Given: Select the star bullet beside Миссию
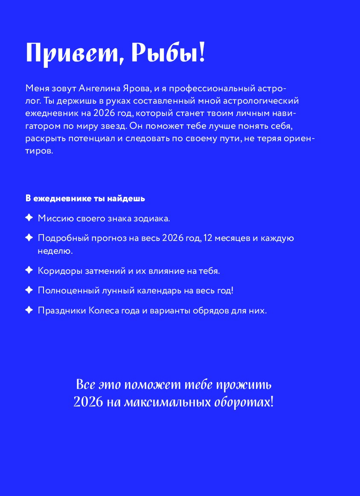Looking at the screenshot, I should tap(29, 218).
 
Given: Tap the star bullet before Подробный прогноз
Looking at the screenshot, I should tap(29, 238).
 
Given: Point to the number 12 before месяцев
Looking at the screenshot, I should tap(209, 238).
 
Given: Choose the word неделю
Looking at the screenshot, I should tap(55, 251).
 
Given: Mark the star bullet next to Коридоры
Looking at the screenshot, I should tap(29, 270).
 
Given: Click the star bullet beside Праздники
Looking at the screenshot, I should tap(29, 310).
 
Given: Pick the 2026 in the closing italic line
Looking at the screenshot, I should tap(88, 402).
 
